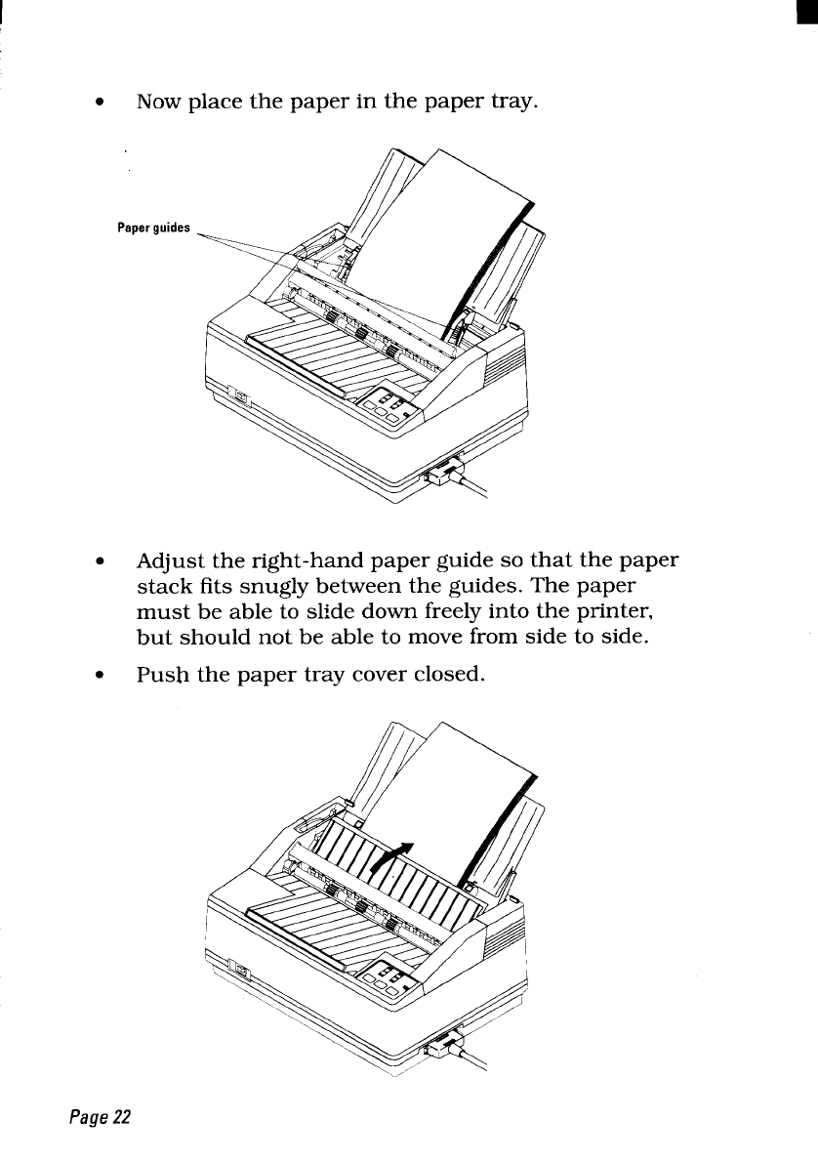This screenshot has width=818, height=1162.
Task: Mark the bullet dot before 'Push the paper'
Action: (x=98, y=677)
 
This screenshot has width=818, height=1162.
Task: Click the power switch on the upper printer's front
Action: (x=239, y=397)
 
